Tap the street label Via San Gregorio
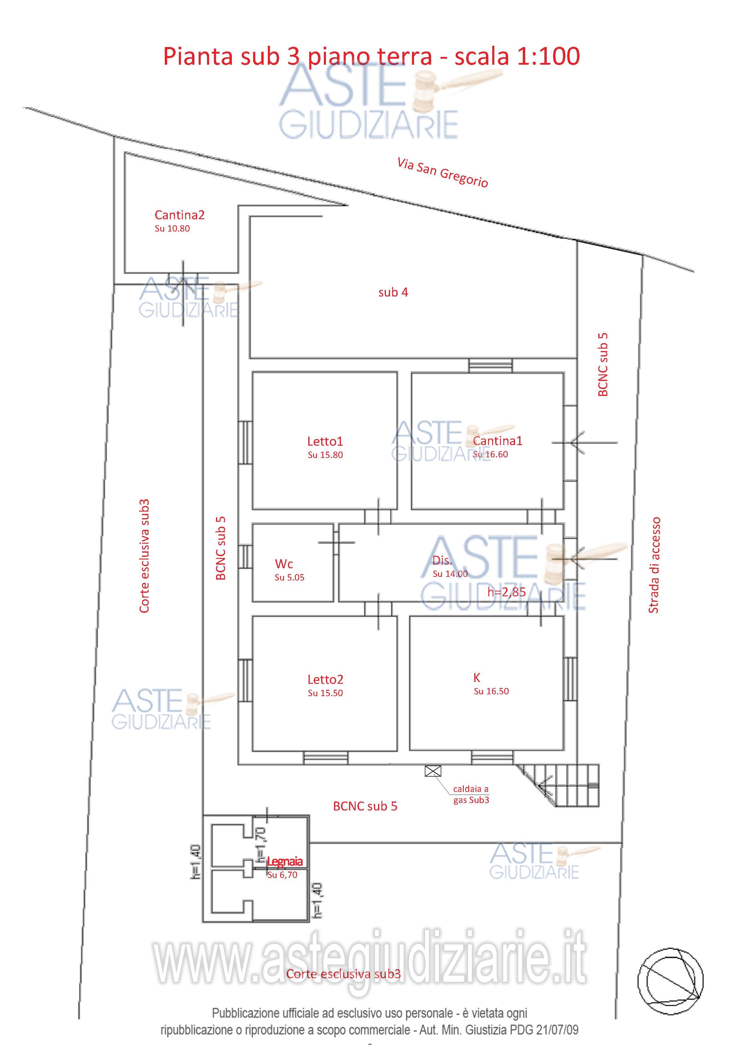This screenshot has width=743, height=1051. click(442, 173)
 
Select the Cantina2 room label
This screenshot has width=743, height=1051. click(179, 215)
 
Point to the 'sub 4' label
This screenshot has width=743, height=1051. click(393, 292)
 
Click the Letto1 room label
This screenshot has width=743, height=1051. click(325, 441)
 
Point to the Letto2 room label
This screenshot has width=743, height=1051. click(325, 679)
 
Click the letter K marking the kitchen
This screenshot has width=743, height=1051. click(477, 678)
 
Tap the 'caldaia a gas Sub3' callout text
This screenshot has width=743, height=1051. click(471, 794)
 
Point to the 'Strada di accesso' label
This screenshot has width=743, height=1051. click(654, 565)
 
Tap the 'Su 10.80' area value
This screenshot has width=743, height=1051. click(172, 229)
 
